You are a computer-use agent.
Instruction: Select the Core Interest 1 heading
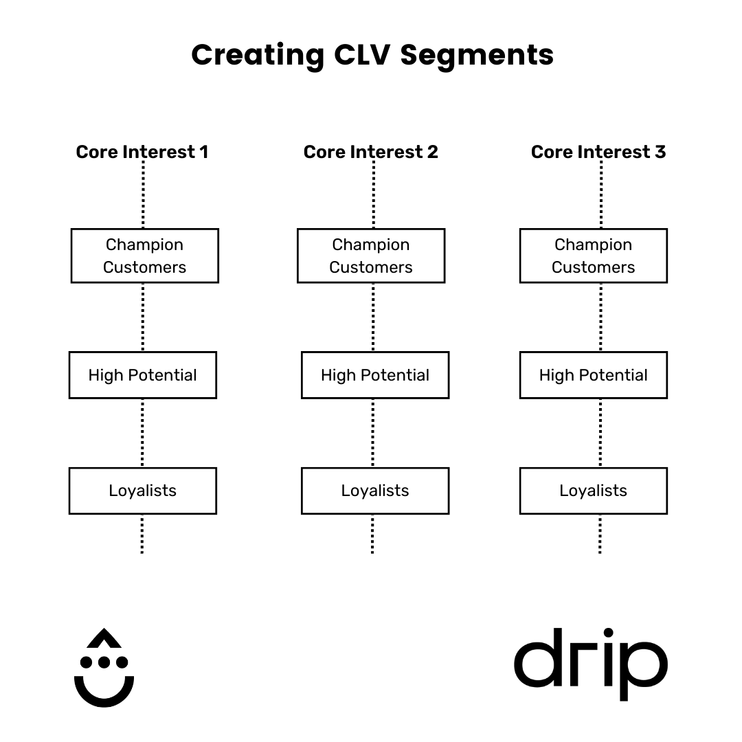coord(142,152)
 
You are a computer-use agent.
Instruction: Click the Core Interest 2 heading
coord(371,152)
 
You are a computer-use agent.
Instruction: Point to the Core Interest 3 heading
coord(598,152)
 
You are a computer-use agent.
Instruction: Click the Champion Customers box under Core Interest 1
coord(145,256)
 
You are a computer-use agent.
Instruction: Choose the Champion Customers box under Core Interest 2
coord(371,256)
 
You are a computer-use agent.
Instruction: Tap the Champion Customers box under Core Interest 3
coord(594,256)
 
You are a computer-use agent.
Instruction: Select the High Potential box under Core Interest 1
coord(143,375)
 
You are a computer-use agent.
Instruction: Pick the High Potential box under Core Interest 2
coord(375,375)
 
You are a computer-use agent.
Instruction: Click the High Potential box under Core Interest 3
coord(594,375)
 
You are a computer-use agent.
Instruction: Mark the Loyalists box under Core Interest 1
coord(143,491)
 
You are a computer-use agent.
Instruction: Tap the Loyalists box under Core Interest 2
coord(375,491)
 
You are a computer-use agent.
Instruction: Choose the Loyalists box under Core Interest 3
coord(594,491)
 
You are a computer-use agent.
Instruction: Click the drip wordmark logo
coord(591,663)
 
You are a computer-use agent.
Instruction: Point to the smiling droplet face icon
coord(104,666)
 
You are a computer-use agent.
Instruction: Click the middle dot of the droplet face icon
coord(104,662)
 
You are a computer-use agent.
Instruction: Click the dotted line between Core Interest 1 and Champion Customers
coord(143,196)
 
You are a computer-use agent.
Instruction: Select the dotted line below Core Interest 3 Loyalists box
coord(600,534)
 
